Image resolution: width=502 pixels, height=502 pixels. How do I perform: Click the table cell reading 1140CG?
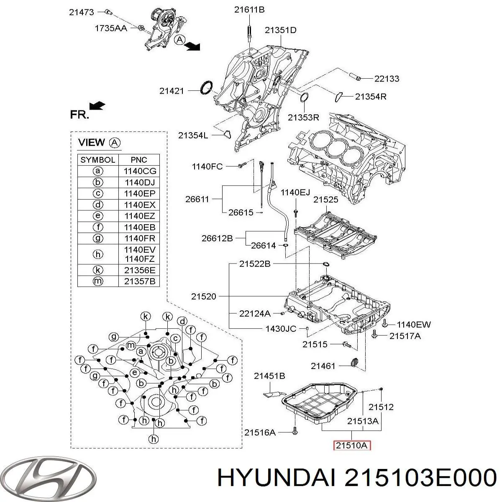(x=139, y=171)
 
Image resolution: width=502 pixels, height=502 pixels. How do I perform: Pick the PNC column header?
(x=139, y=159)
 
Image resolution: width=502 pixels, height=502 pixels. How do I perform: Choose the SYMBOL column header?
(x=98, y=159)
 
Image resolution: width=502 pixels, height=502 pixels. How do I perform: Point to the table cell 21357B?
(x=139, y=281)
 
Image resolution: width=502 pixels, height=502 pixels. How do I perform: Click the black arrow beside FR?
(x=97, y=106)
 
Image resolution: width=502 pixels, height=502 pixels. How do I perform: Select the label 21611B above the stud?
(x=249, y=9)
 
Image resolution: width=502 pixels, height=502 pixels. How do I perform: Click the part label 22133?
(x=387, y=78)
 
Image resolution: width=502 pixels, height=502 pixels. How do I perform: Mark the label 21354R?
(x=371, y=96)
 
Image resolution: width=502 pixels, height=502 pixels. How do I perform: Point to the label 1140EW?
(x=413, y=324)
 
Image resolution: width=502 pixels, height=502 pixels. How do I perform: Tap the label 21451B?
(x=269, y=376)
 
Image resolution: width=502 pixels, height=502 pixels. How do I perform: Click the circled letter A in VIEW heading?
(x=115, y=143)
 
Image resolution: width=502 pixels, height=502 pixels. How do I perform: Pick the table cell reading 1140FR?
(x=139, y=238)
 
